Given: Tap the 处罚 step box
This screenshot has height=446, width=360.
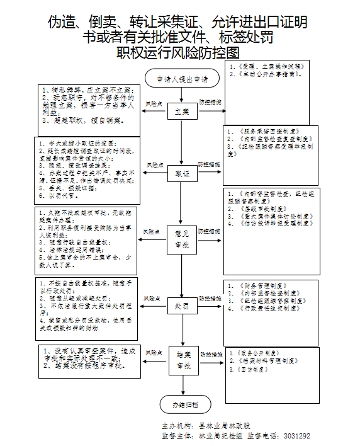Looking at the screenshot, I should click(x=182, y=307).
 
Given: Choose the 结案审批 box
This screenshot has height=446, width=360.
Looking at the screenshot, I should click(x=182, y=360).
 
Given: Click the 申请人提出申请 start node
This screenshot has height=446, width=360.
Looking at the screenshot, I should click(x=182, y=79).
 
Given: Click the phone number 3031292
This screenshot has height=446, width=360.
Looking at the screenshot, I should click(x=296, y=436).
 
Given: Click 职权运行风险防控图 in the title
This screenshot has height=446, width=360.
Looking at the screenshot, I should click(x=178, y=52).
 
